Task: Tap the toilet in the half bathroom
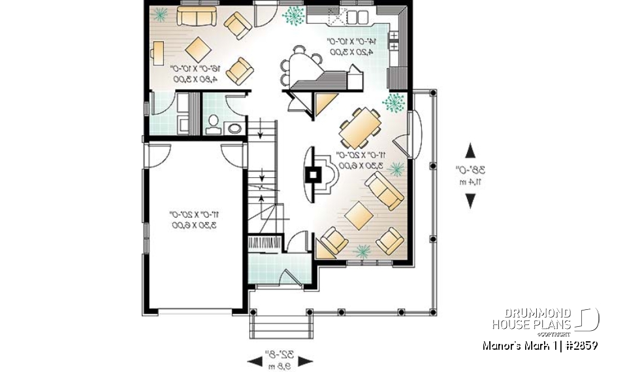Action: pyautogui.click(x=213, y=125)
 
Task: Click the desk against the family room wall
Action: pyautogui.click(x=157, y=52)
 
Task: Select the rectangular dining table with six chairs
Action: pyautogui.click(x=359, y=127)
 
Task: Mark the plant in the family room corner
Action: pyautogui.click(x=160, y=13)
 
